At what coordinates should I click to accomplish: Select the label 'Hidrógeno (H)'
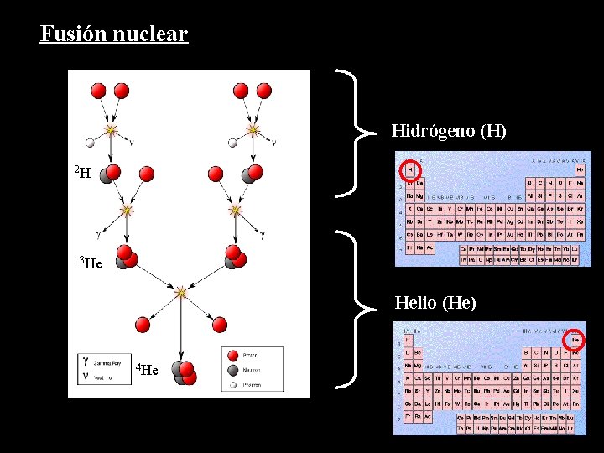click(x=449, y=131)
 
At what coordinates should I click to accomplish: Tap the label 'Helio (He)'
click(x=435, y=303)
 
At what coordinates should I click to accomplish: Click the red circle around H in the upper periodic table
click(x=409, y=170)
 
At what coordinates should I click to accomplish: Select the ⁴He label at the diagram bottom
click(x=148, y=369)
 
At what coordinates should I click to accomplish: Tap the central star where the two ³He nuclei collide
click(x=180, y=293)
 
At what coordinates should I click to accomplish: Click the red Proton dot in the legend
click(x=232, y=356)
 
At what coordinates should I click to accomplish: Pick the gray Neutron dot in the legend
click(x=232, y=370)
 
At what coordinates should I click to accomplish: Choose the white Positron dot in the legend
click(x=232, y=384)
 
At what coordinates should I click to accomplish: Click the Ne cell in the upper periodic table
click(x=580, y=182)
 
